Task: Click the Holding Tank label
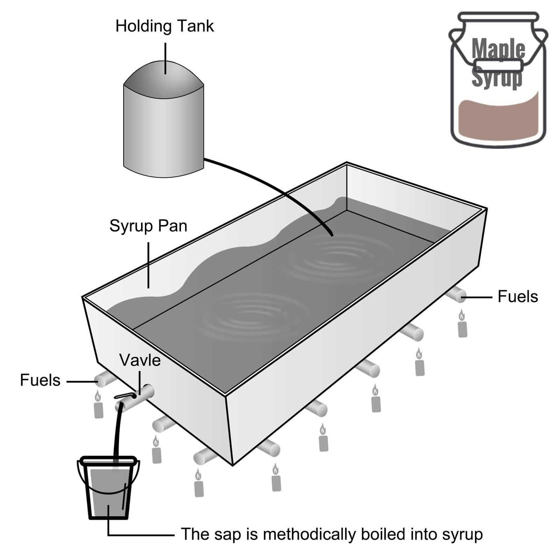click(x=164, y=26)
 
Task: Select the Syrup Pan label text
click(x=148, y=226)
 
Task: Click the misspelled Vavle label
click(x=140, y=360)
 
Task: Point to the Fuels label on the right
click(x=517, y=297)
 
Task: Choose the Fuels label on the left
click(x=40, y=380)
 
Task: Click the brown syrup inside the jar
click(x=498, y=119)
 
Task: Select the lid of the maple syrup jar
click(x=499, y=17)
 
